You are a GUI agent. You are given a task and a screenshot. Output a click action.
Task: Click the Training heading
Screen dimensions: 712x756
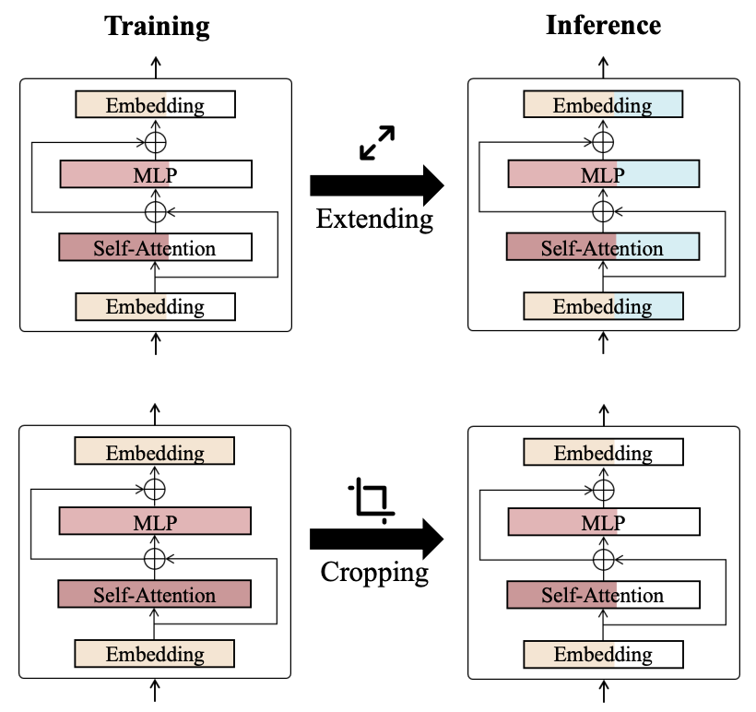(x=157, y=25)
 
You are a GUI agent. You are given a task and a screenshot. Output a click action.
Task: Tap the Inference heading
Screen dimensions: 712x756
(x=603, y=25)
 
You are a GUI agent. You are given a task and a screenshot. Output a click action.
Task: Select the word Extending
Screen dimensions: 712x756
(x=374, y=219)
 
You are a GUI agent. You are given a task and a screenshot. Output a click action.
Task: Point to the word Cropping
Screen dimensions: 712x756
(x=374, y=572)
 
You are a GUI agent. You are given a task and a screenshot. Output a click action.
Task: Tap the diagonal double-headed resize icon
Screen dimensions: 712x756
(x=376, y=143)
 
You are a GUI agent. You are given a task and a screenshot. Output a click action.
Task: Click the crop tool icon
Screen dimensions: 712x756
(x=372, y=500)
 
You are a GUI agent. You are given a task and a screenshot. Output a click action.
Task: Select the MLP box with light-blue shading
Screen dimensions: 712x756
(x=603, y=175)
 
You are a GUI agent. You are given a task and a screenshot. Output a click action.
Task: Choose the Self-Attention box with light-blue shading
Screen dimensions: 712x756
(x=603, y=247)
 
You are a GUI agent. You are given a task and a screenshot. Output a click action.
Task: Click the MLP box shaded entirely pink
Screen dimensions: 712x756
(x=155, y=522)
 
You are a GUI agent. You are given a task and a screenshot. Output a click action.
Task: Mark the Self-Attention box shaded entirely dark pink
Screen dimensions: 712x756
(x=155, y=595)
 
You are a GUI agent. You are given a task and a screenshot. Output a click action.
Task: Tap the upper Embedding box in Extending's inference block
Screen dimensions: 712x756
(x=603, y=104)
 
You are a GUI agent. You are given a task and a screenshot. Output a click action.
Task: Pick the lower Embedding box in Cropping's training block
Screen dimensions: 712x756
(x=155, y=654)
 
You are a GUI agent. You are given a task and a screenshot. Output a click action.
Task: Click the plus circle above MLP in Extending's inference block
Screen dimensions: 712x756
(x=603, y=142)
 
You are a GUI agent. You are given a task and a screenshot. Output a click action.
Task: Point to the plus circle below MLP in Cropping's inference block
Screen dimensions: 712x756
(x=603, y=559)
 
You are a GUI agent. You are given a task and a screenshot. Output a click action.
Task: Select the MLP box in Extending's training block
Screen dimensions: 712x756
(x=155, y=175)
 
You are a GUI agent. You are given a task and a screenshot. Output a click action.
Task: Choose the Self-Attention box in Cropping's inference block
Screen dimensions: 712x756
(x=603, y=595)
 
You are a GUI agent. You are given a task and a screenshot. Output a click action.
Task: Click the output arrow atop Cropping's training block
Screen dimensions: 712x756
(x=155, y=412)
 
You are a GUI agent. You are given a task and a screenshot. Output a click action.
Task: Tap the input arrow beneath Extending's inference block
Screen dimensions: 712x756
(x=603, y=343)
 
